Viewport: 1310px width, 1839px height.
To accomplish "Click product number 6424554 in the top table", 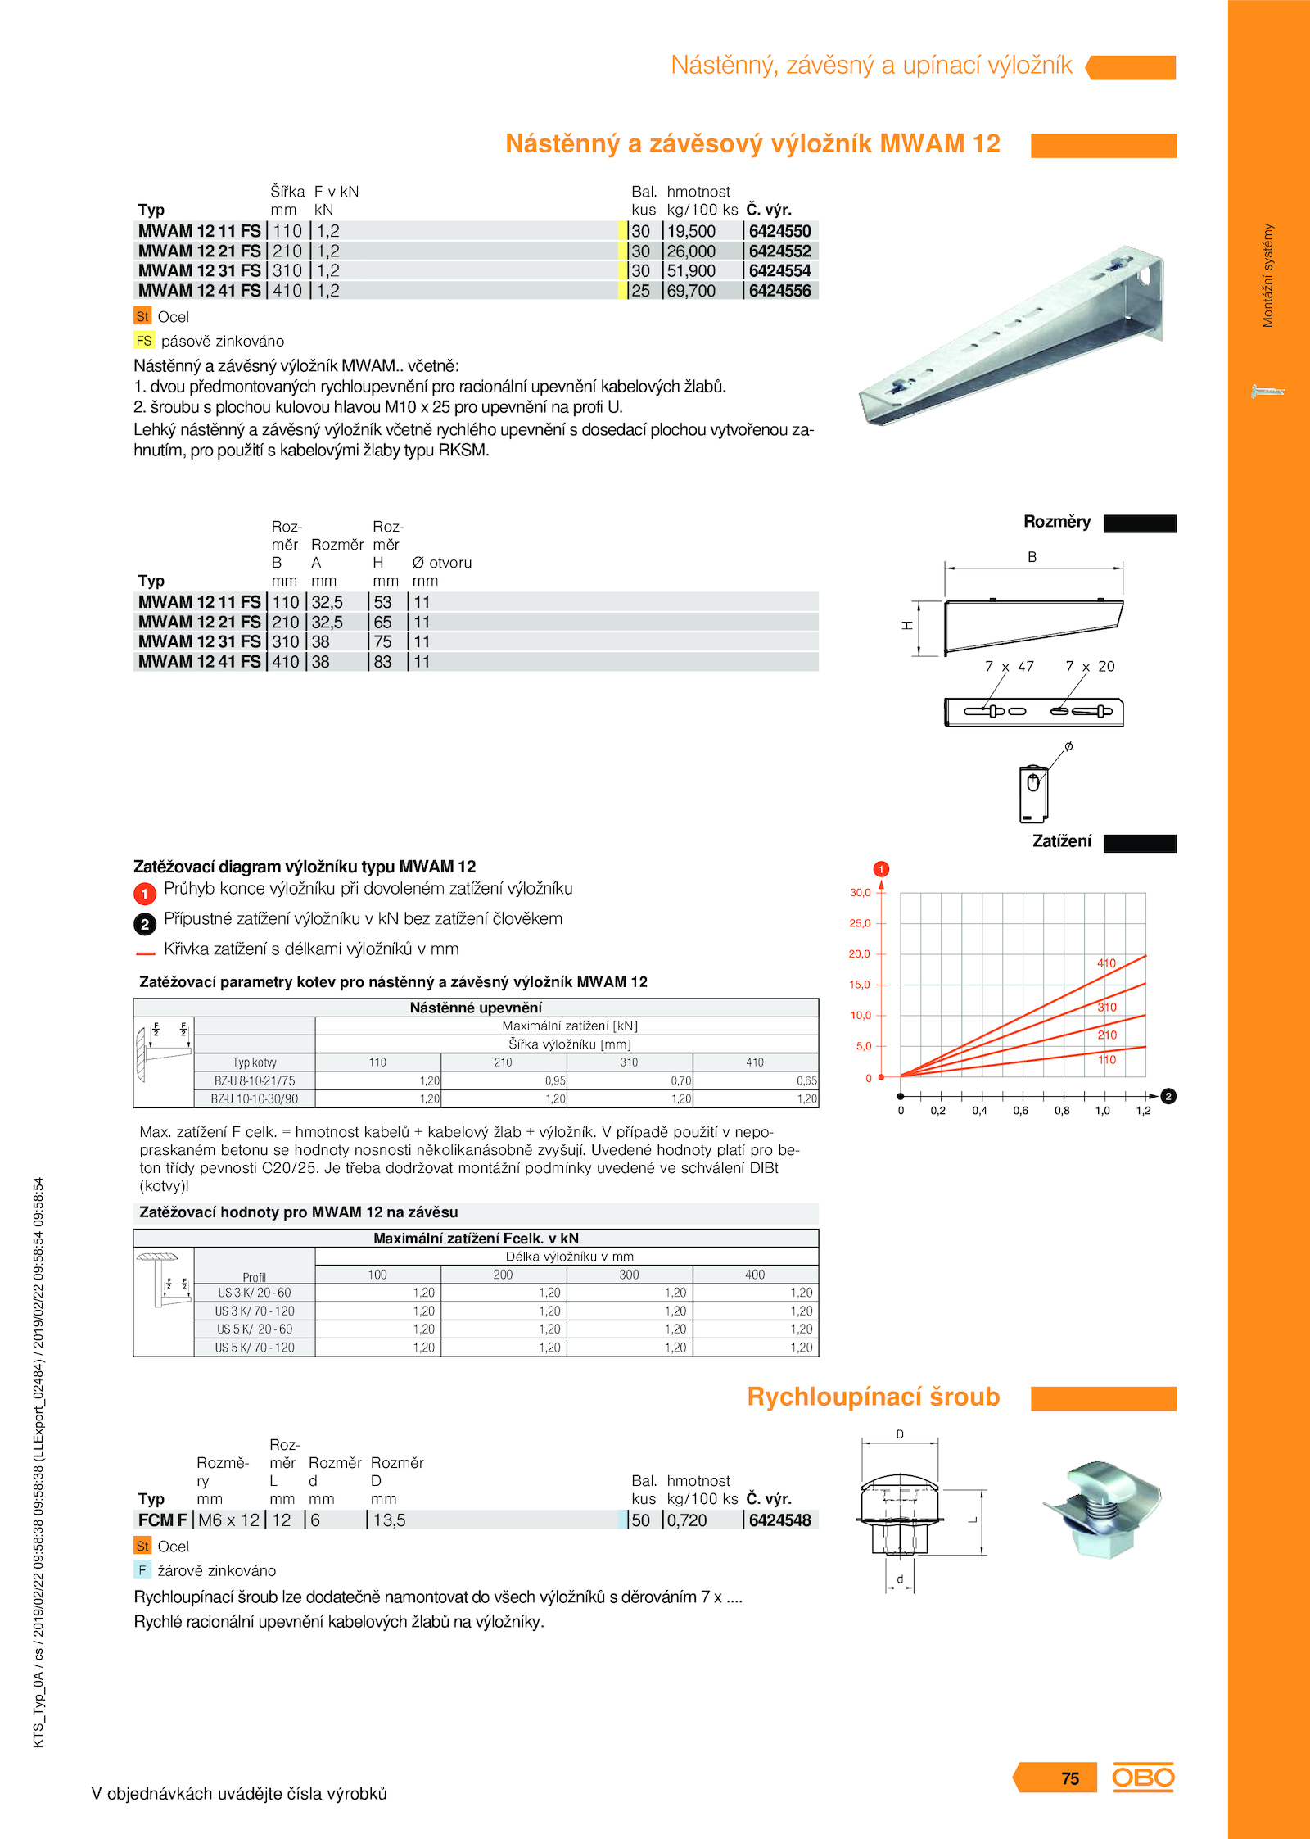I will tap(779, 271).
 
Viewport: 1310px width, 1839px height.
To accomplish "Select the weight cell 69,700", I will tap(691, 291).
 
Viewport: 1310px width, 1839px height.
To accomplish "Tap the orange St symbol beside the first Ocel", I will tap(142, 316).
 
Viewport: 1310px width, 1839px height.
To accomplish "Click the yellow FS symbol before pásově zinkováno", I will tap(144, 341).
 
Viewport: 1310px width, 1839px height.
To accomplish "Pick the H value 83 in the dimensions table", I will tap(382, 662).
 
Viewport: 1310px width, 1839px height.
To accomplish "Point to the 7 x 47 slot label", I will tap(1009, 667).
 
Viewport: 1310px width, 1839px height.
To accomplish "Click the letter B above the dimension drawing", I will tap(1032, 557).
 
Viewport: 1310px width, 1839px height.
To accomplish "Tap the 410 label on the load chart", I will tap(1106, 963).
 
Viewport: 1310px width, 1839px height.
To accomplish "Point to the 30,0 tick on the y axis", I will tap(861, 893).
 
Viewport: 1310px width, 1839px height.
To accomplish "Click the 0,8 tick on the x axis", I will tap(1062, 1111).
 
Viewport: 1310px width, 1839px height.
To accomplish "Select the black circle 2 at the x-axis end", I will tap(1168, 1096).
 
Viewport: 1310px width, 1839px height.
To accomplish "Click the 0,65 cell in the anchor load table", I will tap(806, 1081).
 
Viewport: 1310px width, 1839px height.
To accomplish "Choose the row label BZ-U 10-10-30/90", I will tap(255, 1099).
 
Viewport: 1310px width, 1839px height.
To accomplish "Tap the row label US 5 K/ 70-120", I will tap(255, 1348).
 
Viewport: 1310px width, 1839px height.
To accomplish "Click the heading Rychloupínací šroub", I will tap(873, 1397).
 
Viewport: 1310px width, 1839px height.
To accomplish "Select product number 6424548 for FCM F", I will tap(779, 1520).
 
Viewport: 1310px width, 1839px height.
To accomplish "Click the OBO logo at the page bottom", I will tap(1143, 1778).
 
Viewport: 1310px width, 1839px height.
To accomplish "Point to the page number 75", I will tap(1070, 1778).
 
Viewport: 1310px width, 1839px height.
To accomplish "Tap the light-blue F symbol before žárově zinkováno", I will tap(142, 1570).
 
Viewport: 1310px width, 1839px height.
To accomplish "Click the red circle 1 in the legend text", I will tap(145, 894).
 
